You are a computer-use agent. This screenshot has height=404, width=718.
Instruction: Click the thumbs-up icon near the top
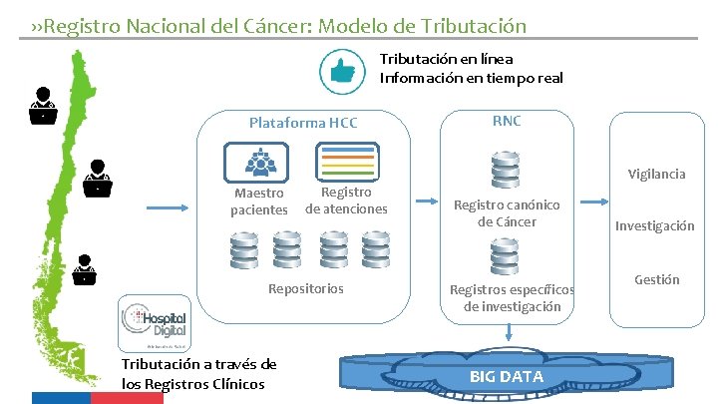coord(341,70)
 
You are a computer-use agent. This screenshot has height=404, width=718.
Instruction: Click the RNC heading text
coord(506,121)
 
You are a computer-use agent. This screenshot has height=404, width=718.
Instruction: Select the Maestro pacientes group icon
coord(256,161)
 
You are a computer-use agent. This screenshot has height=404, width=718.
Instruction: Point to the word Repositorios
coord(306,288)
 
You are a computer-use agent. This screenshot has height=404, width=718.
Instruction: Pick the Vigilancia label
coord(656,174)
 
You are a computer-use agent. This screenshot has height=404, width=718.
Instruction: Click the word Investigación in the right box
coord(654,225)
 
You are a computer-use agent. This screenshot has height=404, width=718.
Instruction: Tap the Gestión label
coord(656,279)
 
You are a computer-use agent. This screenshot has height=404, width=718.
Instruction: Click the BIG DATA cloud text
coord(507,376)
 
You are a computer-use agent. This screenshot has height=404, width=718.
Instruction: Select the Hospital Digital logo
coord(154,321)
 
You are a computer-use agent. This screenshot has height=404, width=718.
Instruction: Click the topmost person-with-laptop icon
coord(42,104)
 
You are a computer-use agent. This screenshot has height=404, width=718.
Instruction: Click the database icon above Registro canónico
coord(505,168)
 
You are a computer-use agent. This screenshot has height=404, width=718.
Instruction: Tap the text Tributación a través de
coord(198,364)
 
